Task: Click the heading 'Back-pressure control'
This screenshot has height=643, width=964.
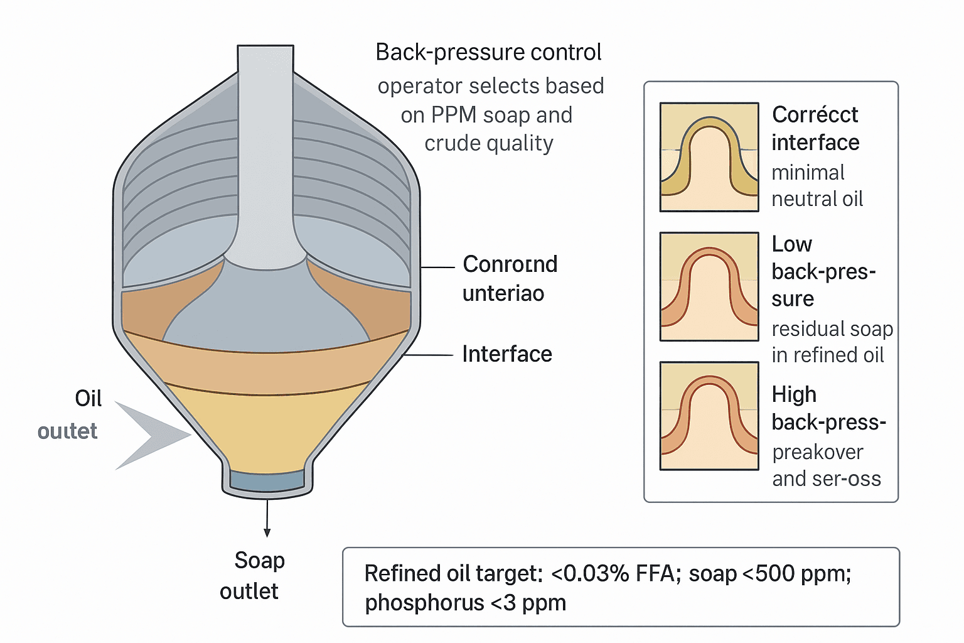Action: (488, 52)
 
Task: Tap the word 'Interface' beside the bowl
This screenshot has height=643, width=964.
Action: (506, 354)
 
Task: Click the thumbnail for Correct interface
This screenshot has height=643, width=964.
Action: (709, 157)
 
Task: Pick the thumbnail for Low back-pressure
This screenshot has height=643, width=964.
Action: (709, 287)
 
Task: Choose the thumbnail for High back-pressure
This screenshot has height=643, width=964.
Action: (709, 416)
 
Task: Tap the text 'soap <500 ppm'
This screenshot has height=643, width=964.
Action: (769, 574)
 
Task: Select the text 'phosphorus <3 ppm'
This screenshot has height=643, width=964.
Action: (465, 603)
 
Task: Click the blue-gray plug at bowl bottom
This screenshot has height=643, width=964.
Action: (267, 481)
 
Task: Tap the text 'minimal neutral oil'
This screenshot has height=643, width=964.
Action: (817, 186)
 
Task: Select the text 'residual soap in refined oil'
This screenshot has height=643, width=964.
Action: (831, 342)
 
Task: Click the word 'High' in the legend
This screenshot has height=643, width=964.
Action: (794, 394)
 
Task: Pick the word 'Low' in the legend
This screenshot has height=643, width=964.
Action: (791, 244)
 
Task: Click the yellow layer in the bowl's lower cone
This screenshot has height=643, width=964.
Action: (267, 433)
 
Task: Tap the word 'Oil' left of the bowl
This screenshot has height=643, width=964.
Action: (88, 398)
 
